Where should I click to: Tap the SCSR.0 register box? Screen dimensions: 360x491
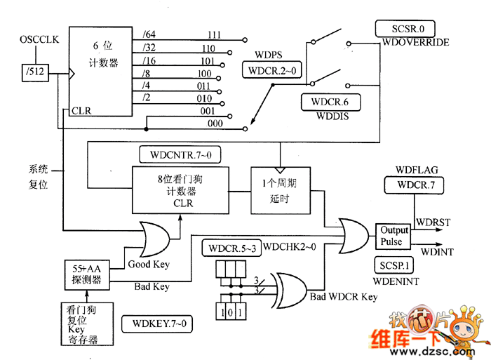(405, 29)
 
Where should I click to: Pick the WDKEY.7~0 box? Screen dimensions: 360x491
(157, 324)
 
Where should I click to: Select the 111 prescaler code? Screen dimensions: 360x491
(215, 34)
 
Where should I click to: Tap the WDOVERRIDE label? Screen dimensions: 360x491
(416, 43)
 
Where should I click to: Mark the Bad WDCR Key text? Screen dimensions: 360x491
(344, 297)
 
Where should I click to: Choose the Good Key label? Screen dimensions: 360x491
(148, 265)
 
